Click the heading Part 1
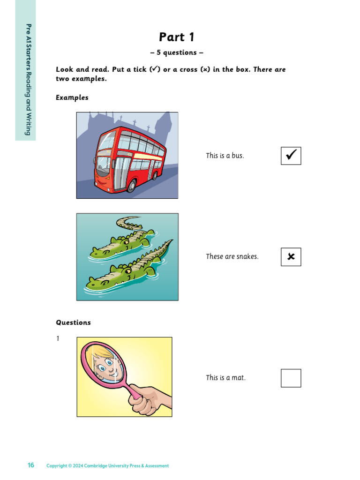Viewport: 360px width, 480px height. point(176,37)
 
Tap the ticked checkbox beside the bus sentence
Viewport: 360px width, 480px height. point(291,156)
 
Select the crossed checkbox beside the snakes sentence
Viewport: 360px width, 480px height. point(291,257)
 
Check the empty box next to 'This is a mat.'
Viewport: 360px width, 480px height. point(291,378)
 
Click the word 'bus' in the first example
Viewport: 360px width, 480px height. point(238,156)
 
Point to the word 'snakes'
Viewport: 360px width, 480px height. point(247,256)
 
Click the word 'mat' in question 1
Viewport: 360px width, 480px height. point(239,378)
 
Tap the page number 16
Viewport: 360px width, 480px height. point(31,465)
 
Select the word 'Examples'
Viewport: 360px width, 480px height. point(72,97)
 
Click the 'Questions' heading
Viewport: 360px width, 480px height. point(73,322)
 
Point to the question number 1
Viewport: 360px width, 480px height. point(58,338)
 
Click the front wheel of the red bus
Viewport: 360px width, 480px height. point(132,186)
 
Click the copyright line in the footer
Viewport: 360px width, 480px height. point(107,465)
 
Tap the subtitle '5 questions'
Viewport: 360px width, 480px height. point(177,52)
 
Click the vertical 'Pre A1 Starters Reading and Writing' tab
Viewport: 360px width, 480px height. point(26,70)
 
